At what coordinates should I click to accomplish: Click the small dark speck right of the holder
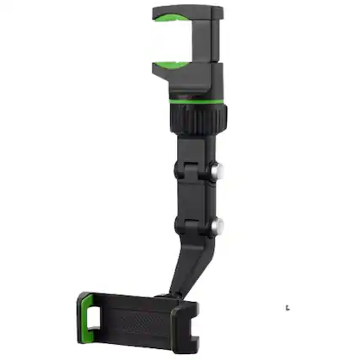(x=287, y=308)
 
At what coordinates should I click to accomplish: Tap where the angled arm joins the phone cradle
(x=177, y=294)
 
